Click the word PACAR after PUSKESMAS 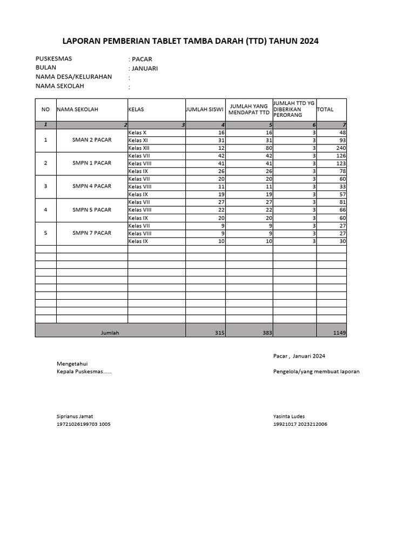point(142,59)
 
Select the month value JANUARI point(145,68)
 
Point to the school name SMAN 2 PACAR point(92,140)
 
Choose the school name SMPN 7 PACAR point(92,233)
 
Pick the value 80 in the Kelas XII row point(265,148)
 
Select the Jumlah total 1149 point(339,333)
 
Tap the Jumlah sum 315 point(219,333)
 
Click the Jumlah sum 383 point(266,333)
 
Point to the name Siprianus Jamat point(75,417)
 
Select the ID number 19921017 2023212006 point(300,424)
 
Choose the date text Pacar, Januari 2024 point(299,355)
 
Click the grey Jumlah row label point(110,333)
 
